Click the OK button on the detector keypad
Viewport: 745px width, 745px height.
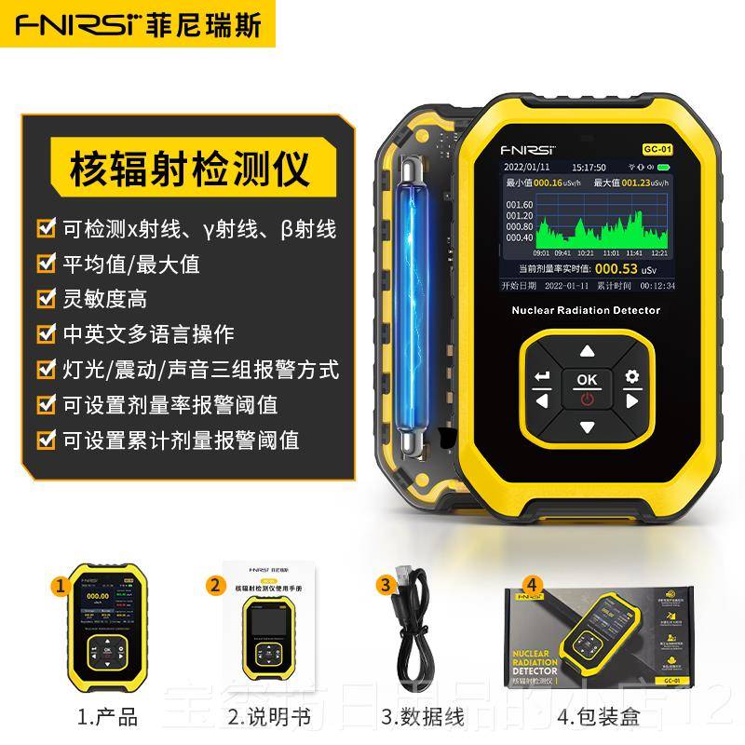[587, 379]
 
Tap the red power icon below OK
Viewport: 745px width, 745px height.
[587, 400]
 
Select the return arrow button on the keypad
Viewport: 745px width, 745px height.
[543, 376]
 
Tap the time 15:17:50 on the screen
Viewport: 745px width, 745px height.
[589, 168]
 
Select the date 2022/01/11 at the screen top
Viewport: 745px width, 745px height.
[528, 168]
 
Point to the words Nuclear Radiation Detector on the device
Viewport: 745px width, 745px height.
[587, 310]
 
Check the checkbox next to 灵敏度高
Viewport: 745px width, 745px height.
[44, 299]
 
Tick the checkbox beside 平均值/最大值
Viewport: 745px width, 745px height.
[44, 264]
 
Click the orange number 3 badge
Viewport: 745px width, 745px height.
[385, 585]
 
